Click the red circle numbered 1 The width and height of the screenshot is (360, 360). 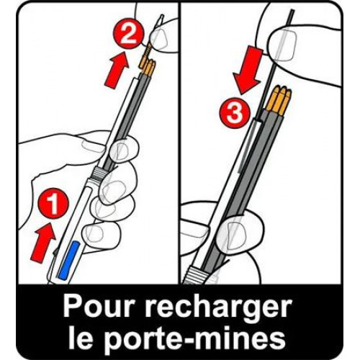(x=53, y=203)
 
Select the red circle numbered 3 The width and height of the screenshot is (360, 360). (x=235, y=112)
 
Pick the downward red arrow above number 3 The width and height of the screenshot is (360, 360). (x=248, y=71)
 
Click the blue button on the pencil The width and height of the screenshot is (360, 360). (x=70, y=260)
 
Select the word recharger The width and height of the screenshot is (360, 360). (x=218, y=308)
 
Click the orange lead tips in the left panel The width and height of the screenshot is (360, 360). (x=147, y=63)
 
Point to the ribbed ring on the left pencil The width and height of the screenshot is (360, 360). (x=99, y=174)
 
